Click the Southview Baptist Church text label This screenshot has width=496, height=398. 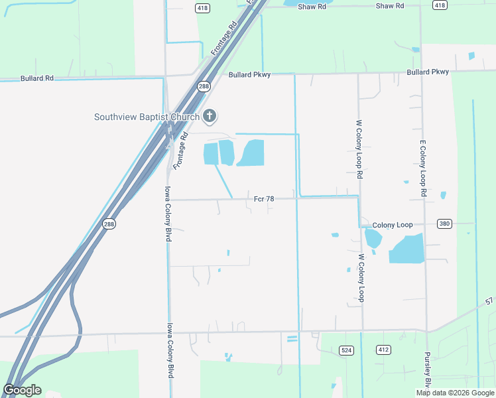tap(147, 117)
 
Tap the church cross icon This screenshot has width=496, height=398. tap(210, 117)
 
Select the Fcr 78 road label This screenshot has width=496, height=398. tap(264, 198)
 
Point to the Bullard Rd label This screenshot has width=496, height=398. tap(36, 78)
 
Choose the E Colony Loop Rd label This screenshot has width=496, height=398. tap(422, 168)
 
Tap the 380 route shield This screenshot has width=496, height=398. tap(444, 224)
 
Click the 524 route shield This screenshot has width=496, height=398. tap(345, 350)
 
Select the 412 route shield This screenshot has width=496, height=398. tap(383, 350)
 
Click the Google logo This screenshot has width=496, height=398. tap(22, 390)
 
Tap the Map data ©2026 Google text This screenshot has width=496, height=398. tap(454, 393)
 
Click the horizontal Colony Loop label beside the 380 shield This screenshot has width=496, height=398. tap(393, 225)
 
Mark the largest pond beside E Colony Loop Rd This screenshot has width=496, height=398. tap(406, 249)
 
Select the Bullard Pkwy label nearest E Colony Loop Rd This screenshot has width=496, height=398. tap(428, 72)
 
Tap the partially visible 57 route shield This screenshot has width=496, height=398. tap(490, 302)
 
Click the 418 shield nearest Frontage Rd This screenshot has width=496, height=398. tap(203, 7)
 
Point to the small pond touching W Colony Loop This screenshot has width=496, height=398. tap(373, 238)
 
